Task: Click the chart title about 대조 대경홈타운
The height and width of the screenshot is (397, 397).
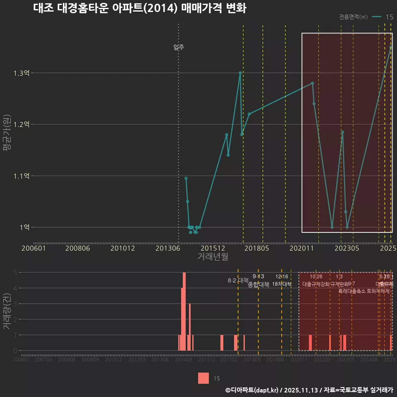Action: [x=139, y=9]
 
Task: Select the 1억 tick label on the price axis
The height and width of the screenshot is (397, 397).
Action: [x=24, y=227]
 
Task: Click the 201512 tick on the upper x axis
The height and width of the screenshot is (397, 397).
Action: [x=212, y=249]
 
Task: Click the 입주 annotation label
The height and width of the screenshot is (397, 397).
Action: [x=179, y=47]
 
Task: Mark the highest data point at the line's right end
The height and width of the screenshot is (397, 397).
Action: [x=391, y=47]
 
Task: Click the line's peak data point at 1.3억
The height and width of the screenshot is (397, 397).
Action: [x=240, y=73]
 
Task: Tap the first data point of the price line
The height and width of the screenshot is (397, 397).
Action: [x=186, y=178]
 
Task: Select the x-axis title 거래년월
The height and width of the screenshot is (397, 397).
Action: [x=213, y=257]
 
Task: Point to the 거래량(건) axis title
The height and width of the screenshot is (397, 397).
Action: [x=7, y=311]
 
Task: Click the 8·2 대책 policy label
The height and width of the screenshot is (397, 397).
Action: [x=238, y=280]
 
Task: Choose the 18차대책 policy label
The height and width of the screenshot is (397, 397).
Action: [x=282, y=284]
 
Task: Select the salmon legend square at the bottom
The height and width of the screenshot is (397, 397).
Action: [x=203, y=378]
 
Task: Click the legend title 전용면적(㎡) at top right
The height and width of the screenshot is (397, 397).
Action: [x=353, y=17]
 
